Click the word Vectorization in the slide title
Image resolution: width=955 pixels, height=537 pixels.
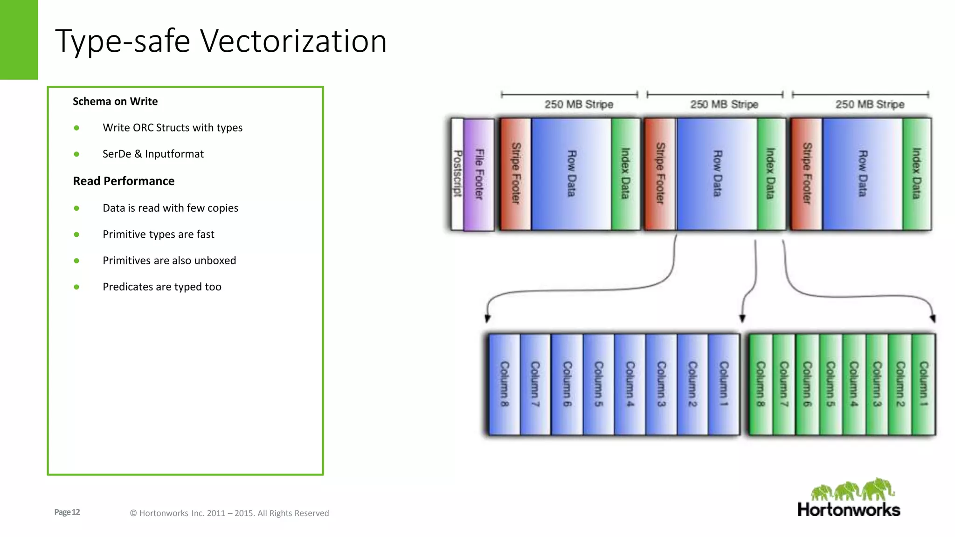(293, 41)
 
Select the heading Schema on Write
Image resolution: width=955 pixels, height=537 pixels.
(115, 101)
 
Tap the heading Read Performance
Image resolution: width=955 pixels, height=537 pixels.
(124, 181)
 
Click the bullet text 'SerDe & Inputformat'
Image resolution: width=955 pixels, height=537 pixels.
(153, 154)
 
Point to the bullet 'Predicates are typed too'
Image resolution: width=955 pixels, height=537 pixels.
(162, 287)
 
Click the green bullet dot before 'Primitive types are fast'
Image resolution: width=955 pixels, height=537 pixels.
(76, 234)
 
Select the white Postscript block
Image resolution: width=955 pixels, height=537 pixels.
(457, 174)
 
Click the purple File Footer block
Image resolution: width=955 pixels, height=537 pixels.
(479, 174)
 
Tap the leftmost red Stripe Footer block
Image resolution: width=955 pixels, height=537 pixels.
(515, 174)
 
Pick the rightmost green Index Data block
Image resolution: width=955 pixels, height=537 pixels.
(916, 174)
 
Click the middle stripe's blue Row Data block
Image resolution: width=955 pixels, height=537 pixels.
(717, 174)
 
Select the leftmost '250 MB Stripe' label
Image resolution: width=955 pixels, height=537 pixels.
(579, 104)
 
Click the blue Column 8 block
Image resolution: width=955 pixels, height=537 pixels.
(504, 384)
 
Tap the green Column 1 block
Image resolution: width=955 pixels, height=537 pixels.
(923, 384)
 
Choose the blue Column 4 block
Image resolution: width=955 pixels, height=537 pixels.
(630, 384)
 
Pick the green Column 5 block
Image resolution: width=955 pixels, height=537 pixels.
(830, 384)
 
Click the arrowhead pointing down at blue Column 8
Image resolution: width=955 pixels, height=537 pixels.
(487, 318)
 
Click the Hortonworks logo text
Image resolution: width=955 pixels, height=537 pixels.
(849, 509)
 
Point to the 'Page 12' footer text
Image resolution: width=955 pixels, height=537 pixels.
(67, 512)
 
